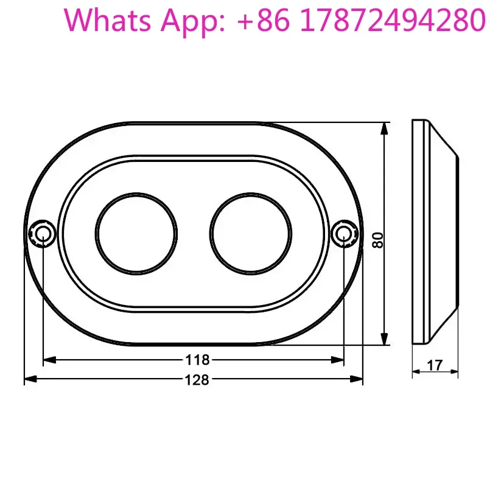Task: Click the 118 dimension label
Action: click(x=197, y=360)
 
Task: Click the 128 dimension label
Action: click(x=197, y=379)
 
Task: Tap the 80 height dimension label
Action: click(x=378, y=240)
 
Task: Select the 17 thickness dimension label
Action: click(x=435, y=365)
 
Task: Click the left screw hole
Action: click(x=43, y=233)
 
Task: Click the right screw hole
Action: click(x=344, y=233)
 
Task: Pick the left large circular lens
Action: click(x=136, y=234)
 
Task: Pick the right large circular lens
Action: click(x=251, y=234)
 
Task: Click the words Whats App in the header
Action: click(x=144, y=21)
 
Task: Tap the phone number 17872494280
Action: click(x=393, y=20)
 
